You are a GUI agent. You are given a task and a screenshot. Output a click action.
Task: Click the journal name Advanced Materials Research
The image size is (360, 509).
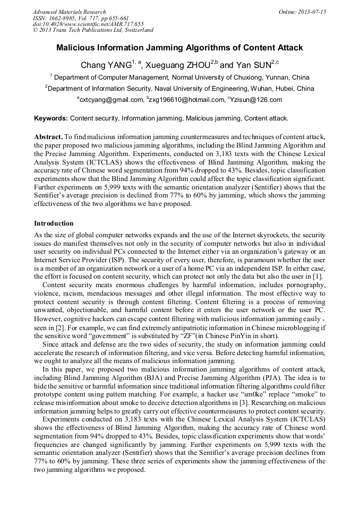pos(69,12)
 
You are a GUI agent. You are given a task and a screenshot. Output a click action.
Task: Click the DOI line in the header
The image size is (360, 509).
pos(88,24)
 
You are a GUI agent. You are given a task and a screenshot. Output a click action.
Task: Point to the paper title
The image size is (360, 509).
pos(179,48)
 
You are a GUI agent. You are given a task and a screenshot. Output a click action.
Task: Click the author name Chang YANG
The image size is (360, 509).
pos(106,65)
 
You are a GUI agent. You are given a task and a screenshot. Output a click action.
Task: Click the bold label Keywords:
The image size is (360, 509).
pos(51,118)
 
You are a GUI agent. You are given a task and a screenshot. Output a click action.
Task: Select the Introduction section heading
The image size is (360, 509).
pos(54,223)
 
